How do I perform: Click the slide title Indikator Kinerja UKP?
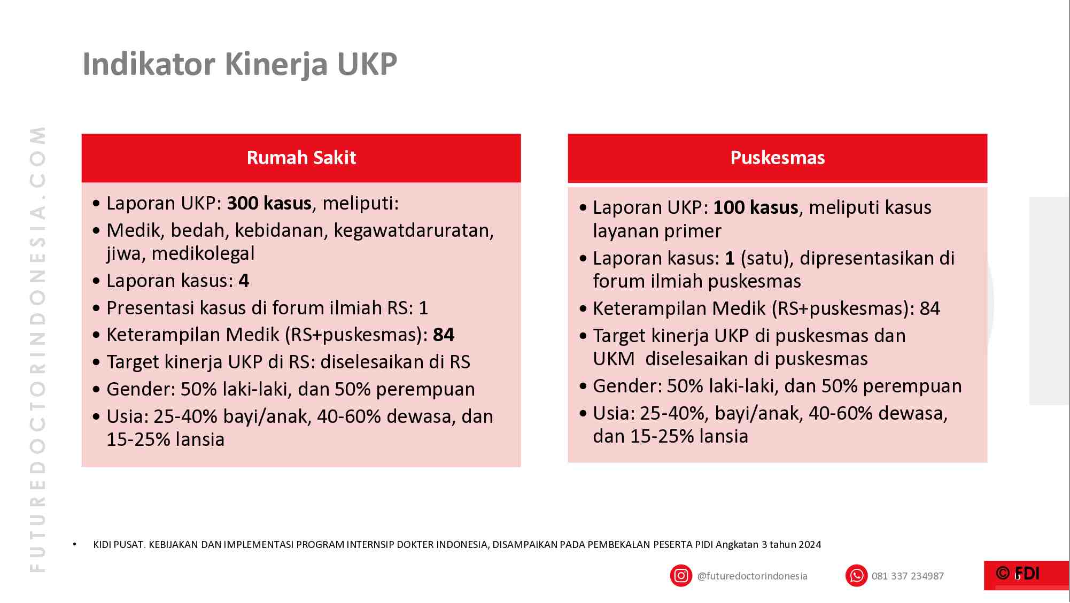coord(239,64)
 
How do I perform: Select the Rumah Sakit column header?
coord(301,158)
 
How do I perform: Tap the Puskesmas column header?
coord(777,158)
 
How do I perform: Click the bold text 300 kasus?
coord(269,203)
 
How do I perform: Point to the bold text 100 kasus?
coord(755,207)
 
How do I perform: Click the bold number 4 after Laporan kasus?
coord(244,281)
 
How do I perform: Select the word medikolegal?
coord(203,253)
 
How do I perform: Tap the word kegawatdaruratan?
coord(413,230)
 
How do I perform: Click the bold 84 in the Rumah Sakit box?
coord(444,335)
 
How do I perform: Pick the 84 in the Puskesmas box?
coord(929,308)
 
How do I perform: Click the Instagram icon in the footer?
coord(681,576)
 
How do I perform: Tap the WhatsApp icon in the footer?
coord(856,576)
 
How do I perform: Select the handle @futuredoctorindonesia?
coord(752,576)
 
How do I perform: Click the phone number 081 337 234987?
coord(908,576)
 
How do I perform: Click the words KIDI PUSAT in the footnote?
coord(119,545)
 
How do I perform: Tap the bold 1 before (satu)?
coord(730,258)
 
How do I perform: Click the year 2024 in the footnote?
coord(809,545)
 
